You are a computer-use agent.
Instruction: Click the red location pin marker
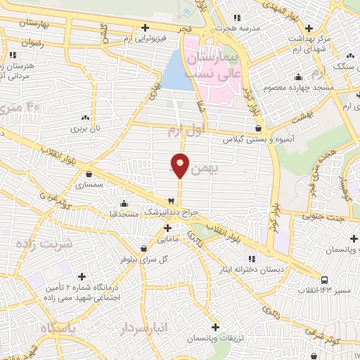coord(180,166)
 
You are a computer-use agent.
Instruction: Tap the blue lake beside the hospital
coord(176,72)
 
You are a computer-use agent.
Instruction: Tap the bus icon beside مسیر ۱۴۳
coord(323,279)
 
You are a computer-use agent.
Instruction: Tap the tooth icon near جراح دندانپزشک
coord(170,200)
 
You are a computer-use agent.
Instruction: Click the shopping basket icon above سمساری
coord(89,174)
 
